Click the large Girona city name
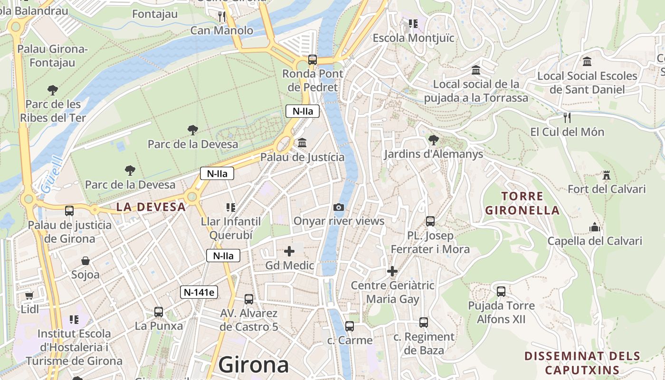pos(254,365)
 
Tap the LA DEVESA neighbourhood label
pos(151,207)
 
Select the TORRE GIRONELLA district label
pos(522,203)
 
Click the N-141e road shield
pos(199,292)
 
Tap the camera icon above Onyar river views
pos(339,207)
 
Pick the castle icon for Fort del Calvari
pos(606,175)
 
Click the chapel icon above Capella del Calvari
pos(595,227)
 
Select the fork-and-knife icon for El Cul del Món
pos(567,117)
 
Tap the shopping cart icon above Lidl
pos(29,295)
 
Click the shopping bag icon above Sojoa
pos(85,261)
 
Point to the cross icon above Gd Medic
pos(289,251)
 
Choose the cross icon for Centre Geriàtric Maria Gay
pos(392,271)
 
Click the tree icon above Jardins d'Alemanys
pos(433,140)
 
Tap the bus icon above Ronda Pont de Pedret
pos(312,60)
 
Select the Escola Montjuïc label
pos(413,38)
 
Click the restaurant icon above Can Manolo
pos(222,17)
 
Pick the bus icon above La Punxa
pos(159,312)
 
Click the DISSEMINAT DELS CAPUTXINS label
pos(582,363)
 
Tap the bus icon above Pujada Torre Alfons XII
pos(501,291)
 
